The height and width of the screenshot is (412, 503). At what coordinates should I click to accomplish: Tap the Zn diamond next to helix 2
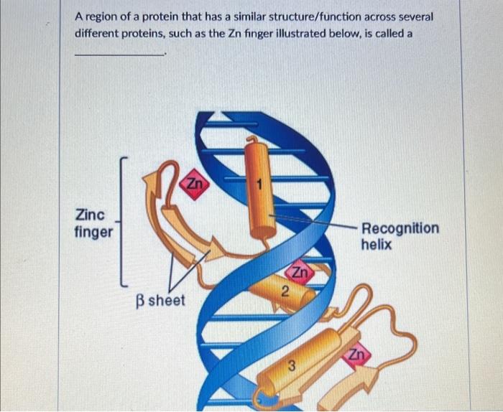tap(300, 273)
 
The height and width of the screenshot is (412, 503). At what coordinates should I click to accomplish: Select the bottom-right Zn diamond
tap(357, 354)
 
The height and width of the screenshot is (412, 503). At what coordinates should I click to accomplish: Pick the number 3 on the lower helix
tap(292, 366)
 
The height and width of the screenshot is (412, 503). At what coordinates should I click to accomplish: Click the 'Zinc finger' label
tap(93, 223)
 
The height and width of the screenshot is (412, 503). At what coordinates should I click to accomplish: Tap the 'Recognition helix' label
tap(400, 236)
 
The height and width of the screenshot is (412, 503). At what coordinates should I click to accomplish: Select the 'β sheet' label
tap(160, 300)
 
